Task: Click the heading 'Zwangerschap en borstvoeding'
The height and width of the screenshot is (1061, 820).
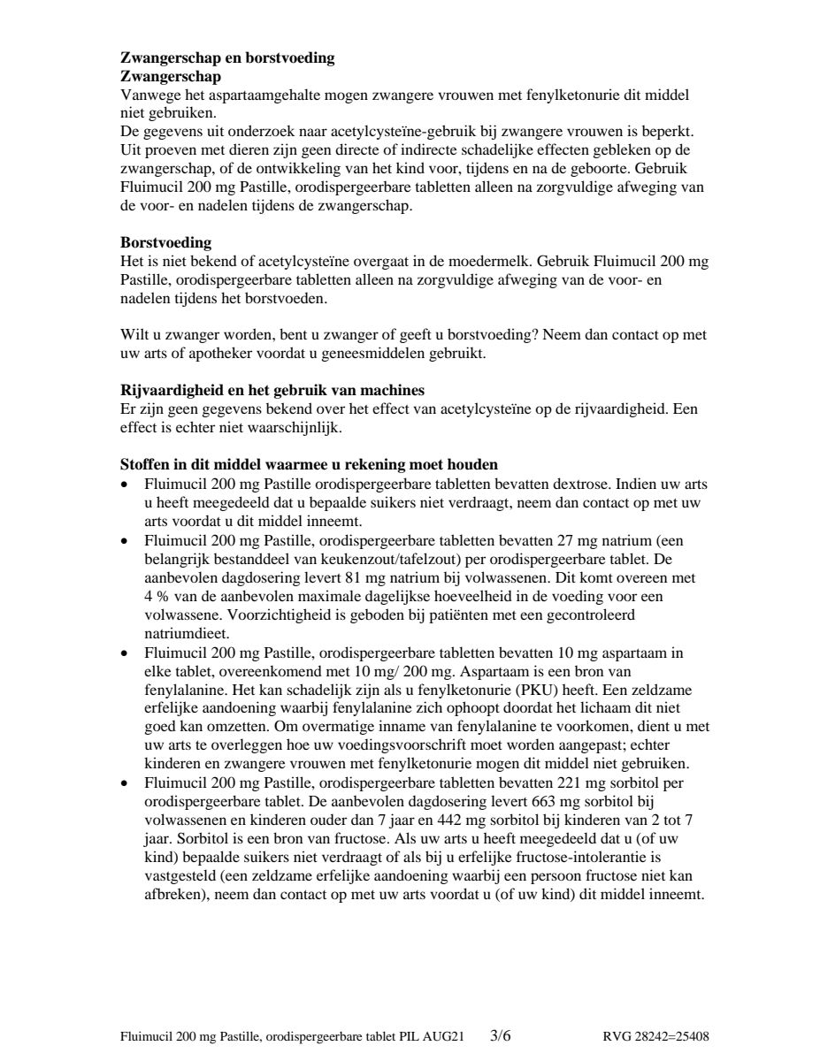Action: coord(227,58)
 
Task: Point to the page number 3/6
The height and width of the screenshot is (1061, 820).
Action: coord(501,1034)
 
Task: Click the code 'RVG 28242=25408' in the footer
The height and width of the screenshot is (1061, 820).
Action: coord(655,1036)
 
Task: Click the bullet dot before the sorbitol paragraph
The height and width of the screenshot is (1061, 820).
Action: coord(125,783)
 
